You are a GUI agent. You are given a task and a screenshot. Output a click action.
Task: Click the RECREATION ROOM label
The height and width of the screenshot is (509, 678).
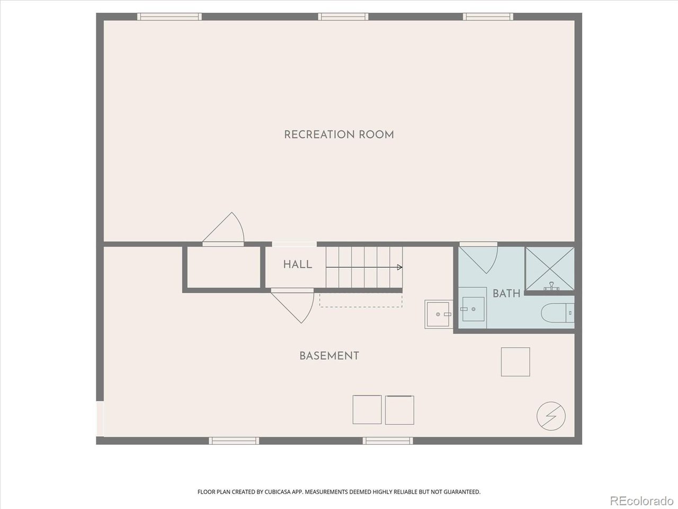click(x=339, y=135)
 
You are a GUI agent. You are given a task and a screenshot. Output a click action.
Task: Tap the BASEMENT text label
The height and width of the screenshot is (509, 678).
click(x=329, y=356)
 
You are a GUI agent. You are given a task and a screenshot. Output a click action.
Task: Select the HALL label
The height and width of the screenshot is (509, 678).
click(x=297, y=265)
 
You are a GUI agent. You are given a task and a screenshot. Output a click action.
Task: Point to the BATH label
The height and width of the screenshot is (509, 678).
click(x=506, y=293)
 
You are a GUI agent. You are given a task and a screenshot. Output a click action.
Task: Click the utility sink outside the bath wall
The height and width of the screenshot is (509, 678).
click(x=438, y=314)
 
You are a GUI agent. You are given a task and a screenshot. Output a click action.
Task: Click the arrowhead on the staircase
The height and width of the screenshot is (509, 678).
click(x=399, y=267)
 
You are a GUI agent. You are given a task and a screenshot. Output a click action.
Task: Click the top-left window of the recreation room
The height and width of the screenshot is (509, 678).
click(x=169, y=16)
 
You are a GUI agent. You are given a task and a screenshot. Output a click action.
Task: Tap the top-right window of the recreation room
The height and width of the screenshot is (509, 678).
click(x=487, y=16)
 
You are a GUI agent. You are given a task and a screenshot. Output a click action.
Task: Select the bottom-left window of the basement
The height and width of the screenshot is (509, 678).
click(x=234, y=441)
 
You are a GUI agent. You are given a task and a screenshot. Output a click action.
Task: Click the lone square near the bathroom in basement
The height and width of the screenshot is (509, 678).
click(x=515, y=362)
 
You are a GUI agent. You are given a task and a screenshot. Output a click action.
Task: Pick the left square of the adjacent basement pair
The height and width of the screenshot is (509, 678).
click(x=367, y=410)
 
